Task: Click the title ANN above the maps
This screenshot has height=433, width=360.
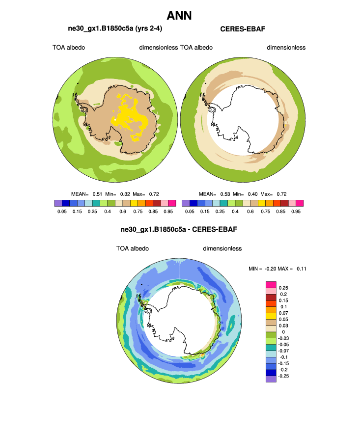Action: (179, 15)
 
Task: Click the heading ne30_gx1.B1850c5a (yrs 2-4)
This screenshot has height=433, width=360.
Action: (115, 29)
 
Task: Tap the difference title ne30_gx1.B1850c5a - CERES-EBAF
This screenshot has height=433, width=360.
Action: (180, 229)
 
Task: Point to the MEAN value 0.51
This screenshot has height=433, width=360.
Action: (95, 194)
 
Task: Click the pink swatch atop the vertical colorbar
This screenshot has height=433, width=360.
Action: (270, 284)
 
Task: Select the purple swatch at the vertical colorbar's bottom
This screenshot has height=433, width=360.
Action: (270, 379)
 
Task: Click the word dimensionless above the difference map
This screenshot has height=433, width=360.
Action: (222, 248)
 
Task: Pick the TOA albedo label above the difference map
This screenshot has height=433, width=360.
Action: (133, 248)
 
